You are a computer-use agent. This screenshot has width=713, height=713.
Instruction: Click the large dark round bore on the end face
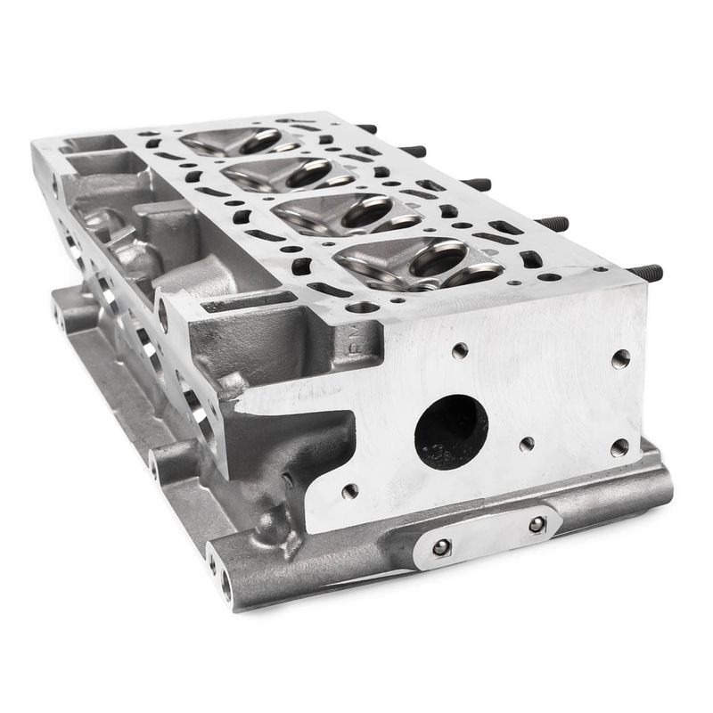[451, 431]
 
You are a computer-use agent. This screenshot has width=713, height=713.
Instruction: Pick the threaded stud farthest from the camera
[365, 128]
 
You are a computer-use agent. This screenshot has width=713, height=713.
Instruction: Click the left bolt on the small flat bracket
[441, 547]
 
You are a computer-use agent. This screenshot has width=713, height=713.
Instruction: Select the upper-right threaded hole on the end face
[620, 358]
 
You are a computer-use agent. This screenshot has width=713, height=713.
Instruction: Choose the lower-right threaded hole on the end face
[619, 447]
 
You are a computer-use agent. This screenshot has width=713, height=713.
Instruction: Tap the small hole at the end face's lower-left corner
[349, 491]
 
